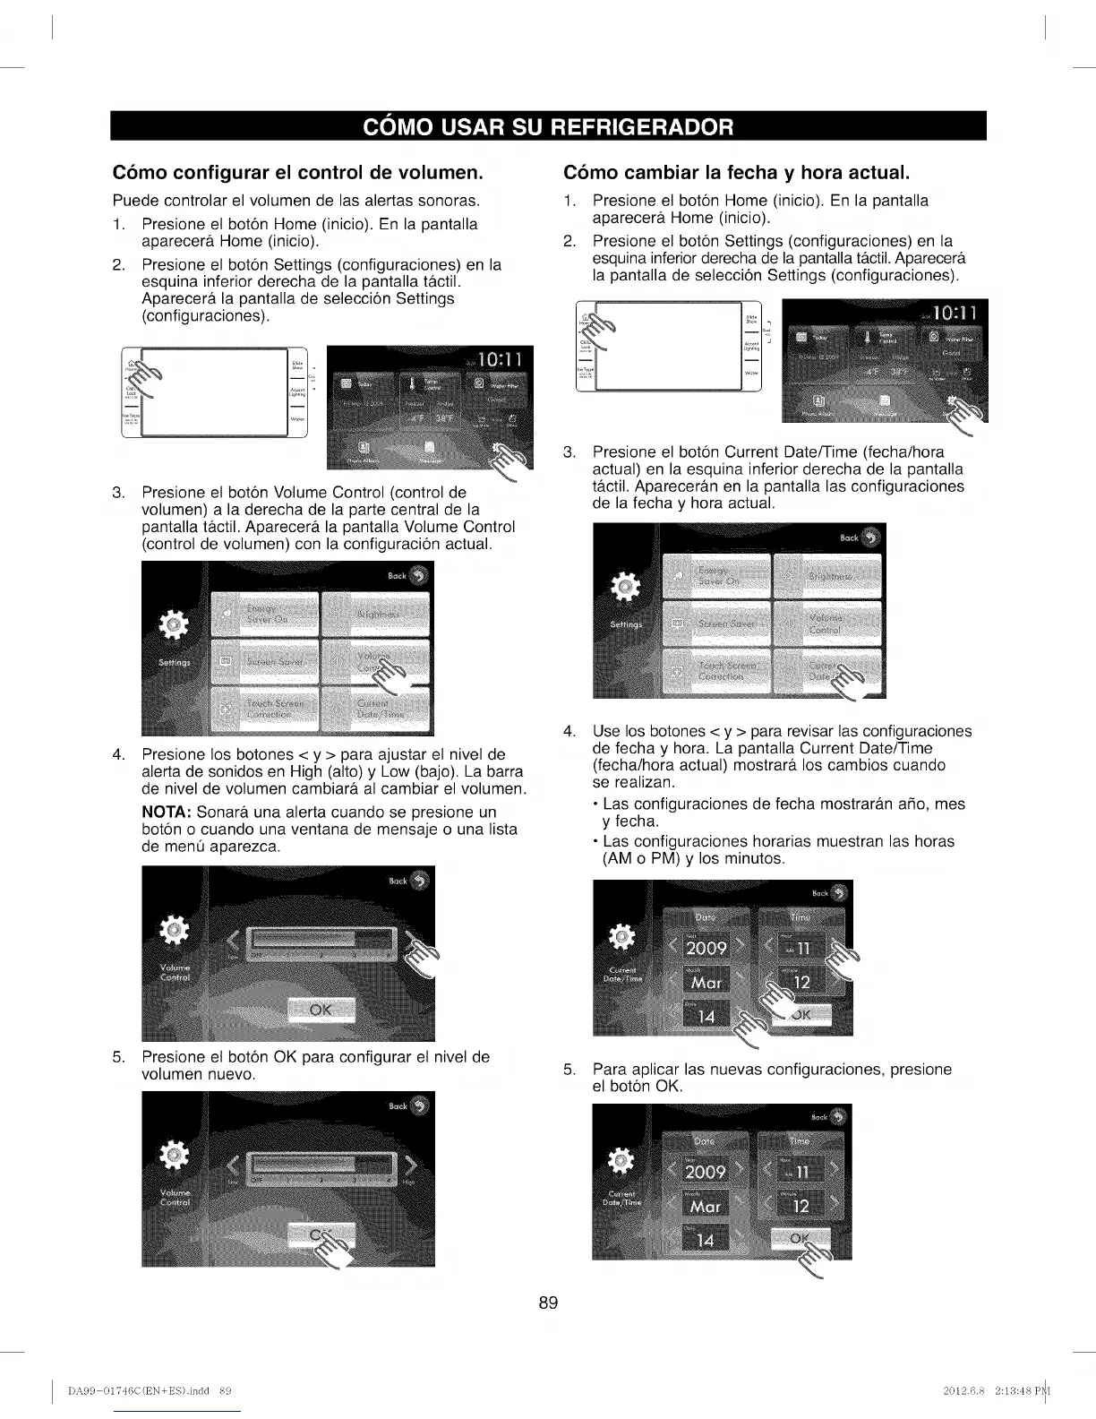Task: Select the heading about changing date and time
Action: pos(737,171)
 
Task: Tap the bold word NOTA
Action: pos(167,813)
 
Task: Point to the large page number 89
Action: pos(548,1303)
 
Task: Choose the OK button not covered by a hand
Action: pos(320,1010)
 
